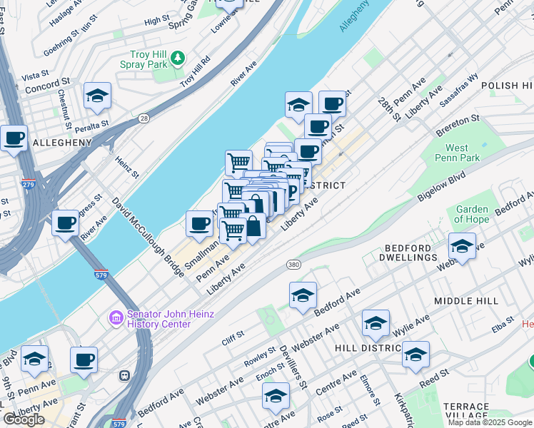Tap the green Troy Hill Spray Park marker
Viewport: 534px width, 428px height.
point(178,57)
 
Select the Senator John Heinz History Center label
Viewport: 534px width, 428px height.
point(158,319)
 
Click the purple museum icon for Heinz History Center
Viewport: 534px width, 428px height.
point(116,317)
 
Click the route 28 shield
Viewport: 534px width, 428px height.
point(144,118)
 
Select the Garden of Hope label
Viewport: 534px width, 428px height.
point(472,215)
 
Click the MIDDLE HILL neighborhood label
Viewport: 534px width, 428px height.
point(465,301)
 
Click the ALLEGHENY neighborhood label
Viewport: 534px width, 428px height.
point(62,143)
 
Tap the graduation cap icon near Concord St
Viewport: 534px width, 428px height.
point(97,96)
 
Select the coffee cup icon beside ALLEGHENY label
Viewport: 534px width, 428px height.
point(13,138)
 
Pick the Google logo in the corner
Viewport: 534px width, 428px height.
point(24,419)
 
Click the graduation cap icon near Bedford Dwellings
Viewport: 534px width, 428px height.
point(462,248)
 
